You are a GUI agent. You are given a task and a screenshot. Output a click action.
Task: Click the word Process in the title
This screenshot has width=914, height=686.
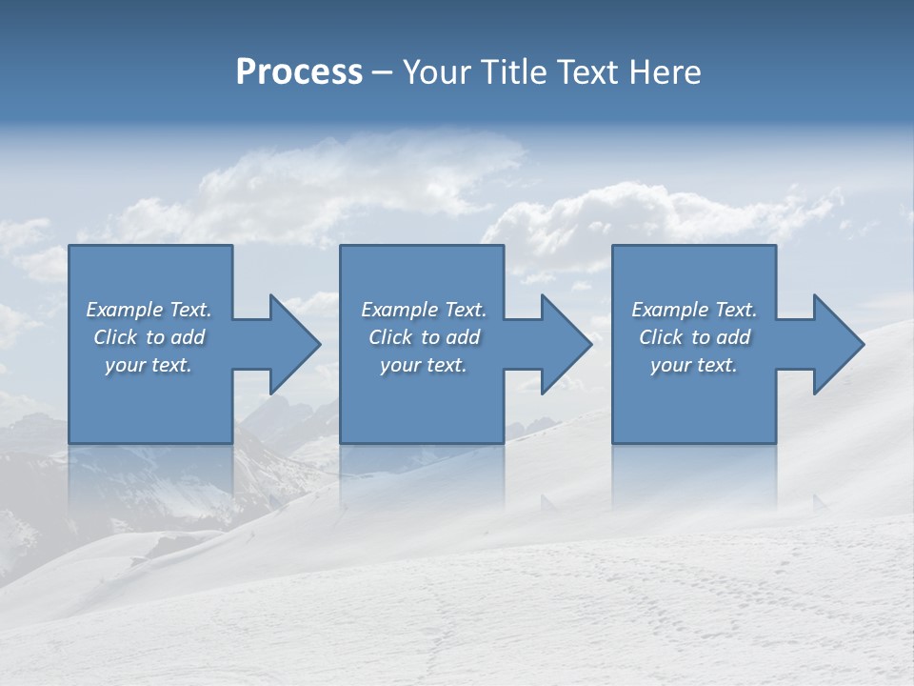pyautogui.click(x=299, y=72)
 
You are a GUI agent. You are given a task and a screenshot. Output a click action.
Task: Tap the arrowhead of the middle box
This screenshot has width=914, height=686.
pyautogui.click(x=565, y=344)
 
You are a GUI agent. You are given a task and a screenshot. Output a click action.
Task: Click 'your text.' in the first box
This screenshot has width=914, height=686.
pyautogui.click(x=149, y=365)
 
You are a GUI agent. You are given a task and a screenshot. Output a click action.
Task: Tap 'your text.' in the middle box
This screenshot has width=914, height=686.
pyautogui.click(x=424, y=365)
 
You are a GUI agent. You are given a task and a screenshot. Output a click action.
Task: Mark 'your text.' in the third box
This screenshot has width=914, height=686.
pyautogui.click(x=694, y=365)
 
